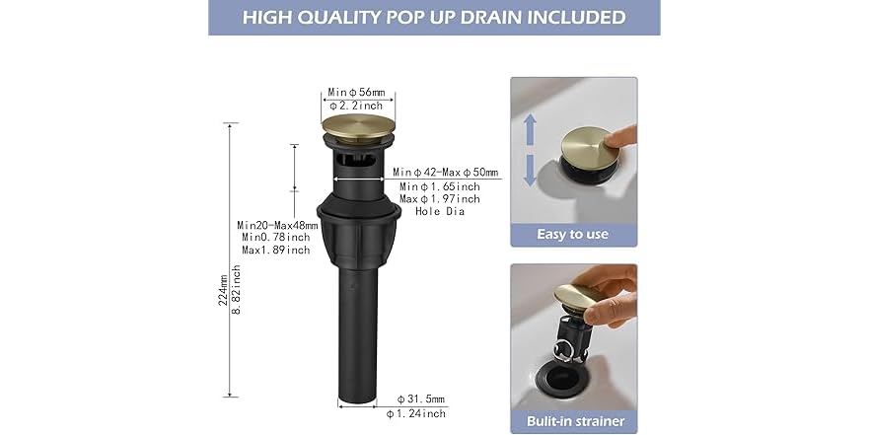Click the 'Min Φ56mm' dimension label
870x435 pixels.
click(x=358, y=92)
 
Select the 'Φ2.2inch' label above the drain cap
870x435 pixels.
click(x=358, y=106)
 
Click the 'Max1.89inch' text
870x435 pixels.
click(x=276, y=250)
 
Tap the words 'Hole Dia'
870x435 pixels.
click(x=440, y=211)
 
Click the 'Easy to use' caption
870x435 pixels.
click(x=572, y=235)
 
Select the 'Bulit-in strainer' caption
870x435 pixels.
click(x=573, y=421)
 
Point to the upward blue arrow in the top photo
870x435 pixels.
click(x=530, y=128)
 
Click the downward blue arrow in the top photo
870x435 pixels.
click(x=530, y=170)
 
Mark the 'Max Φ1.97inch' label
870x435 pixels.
click(x=440, y=199)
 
